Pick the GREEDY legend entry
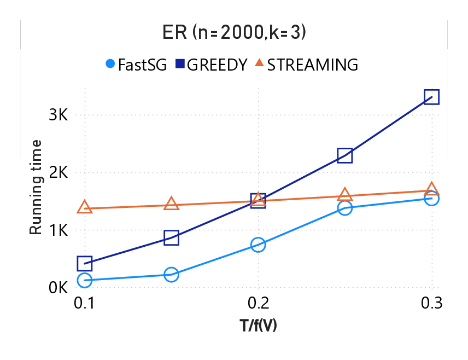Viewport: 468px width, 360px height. tap(210, 65)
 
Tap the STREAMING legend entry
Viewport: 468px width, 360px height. tap(306, 65)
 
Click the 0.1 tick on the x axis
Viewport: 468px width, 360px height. tap(84, 303)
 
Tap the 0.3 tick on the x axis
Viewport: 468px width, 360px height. tap(431, 303)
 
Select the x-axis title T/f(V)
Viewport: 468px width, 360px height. tap(258, 326)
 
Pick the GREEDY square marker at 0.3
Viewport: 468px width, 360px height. tap(431, 97)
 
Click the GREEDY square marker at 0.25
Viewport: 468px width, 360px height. tap(344, 155)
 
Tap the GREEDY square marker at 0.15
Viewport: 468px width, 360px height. tap(171, 237)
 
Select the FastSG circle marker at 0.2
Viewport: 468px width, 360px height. tap(258, 245)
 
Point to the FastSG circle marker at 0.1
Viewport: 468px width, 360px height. tap(84, 280)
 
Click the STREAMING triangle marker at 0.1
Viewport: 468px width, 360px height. tap(84, 207)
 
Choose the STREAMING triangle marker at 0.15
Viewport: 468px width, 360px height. tap(171, 204)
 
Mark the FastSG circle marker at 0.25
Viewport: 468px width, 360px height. tap(344, 208)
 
